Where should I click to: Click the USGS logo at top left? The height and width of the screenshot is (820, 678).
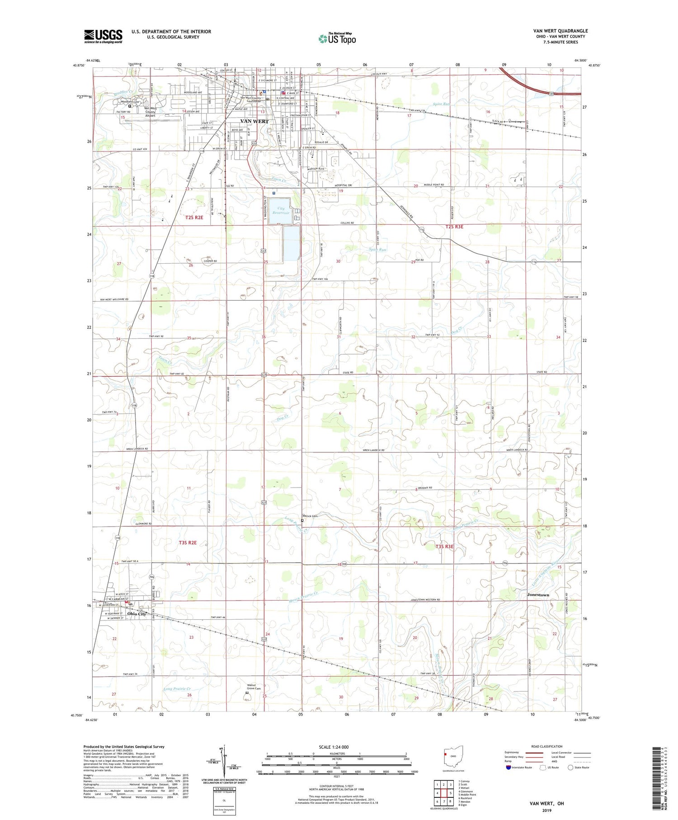point(103,36)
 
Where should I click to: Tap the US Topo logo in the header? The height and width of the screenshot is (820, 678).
point(337,39)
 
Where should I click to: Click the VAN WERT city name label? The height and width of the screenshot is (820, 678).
point(254,121)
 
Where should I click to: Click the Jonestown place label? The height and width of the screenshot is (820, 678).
point(538,595)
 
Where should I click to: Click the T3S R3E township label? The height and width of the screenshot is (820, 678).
point(444,547)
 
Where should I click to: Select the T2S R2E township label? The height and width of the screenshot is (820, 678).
point(194,218)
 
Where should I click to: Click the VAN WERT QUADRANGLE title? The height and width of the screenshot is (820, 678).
point(560,31)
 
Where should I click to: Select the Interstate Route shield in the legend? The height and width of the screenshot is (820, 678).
point(508,768)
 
